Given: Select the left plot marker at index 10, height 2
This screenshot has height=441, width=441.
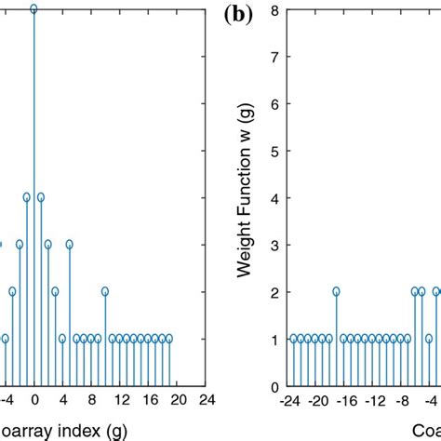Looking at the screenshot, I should pyautogui.click(x=106, y=291).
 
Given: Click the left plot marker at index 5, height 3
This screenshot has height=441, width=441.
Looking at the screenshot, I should pyautogui.click(x=70, y=245).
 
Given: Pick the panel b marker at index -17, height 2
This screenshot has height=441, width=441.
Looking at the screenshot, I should pyautogui.click(x=337, y=291).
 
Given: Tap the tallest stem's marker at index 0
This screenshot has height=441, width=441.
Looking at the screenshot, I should pyautogui.click(x=33, y=9).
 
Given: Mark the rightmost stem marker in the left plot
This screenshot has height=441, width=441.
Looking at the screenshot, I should pyautogui.click(x=169, y=339).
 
